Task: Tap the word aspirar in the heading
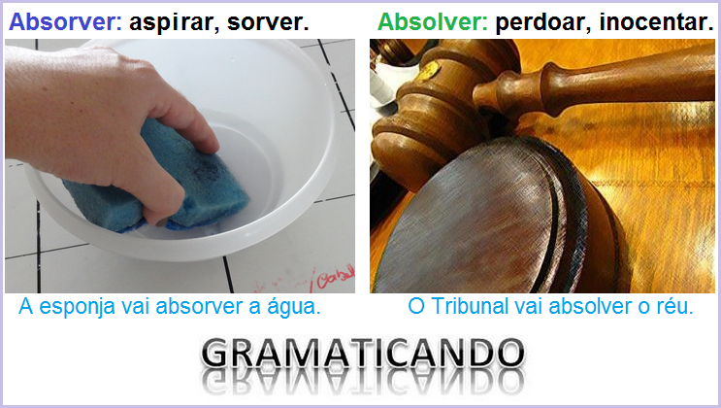tap(169, 21)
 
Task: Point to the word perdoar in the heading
tap(538, 21)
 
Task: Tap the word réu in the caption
tap(674, 307)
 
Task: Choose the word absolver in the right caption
tap(586, 307)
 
